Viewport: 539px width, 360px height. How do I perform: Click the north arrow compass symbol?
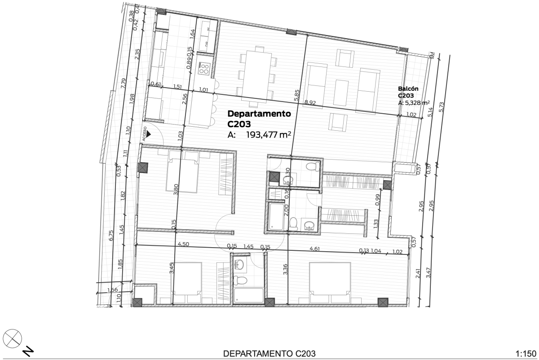tap(13, 337)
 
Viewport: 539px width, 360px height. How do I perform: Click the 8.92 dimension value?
tap(309, 102)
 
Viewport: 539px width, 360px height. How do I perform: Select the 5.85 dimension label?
tap(296, 94)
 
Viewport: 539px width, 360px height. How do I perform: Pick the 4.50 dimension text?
tap(183, 245)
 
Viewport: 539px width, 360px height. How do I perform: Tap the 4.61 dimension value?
tap(314, 249)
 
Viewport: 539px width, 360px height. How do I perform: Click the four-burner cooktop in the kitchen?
tap(204, 68)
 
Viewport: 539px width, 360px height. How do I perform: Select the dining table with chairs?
tap(256, 74)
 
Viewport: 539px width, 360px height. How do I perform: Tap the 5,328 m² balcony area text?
tap(414, 102)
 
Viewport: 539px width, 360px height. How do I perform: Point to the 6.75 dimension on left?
tap(111, 236)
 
